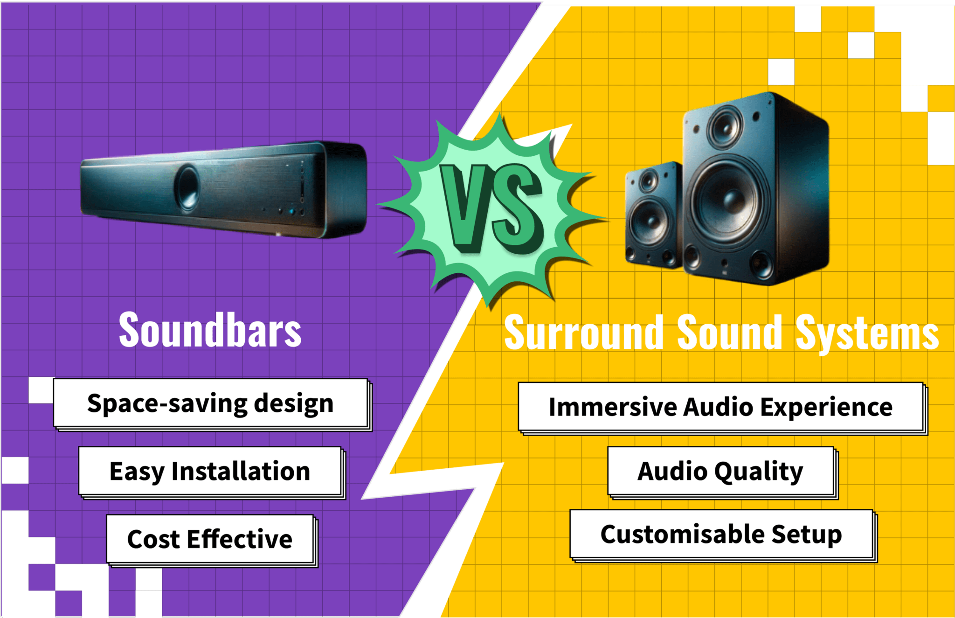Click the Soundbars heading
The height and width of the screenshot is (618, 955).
(210, 330)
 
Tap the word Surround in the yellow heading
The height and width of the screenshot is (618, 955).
(584, 332)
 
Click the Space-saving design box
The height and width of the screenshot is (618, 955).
(211, 403)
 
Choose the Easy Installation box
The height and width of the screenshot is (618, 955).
(210, 471)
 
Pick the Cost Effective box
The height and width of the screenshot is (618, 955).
(210, 539)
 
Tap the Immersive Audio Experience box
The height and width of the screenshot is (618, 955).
(720, 407)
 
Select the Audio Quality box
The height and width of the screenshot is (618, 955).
(720, 471)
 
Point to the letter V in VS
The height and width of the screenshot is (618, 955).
(464, 208)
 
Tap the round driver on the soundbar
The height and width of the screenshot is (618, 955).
(187, 187)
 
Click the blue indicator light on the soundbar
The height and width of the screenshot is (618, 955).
(292, 211)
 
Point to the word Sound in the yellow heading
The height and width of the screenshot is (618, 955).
(729, 332)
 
